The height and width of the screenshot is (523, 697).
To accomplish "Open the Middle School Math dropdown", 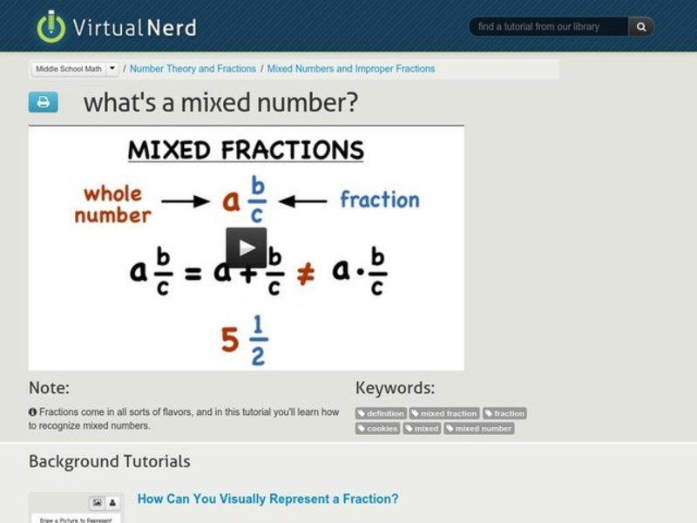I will click(x=76, y=69).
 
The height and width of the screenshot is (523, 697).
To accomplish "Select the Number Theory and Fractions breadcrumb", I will click(x=193, y=69).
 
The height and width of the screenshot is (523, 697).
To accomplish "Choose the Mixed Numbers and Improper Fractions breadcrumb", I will click(x=351, y=69).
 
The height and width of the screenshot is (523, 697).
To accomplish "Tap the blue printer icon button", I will click(x=43, y=102).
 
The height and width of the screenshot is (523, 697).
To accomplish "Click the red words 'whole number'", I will click(x=113, y=204).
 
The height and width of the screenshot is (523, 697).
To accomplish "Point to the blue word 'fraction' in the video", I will click(x=379, y=200).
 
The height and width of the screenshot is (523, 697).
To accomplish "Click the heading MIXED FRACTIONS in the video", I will click(x=246, y=150).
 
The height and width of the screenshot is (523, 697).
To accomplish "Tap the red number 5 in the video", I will click(x=230, y=340).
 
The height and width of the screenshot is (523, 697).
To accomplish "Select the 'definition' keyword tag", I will click(x=381, y=413).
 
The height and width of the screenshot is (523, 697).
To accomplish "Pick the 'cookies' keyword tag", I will click(x=377, y=428).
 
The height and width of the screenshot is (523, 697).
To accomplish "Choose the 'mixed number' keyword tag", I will click(x=479, y=428).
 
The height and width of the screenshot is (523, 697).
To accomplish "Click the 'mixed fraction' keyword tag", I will click(x=444, y=413).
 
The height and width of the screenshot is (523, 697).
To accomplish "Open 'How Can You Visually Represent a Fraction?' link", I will click(x=267, y=499).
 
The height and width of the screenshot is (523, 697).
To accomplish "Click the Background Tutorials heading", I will click(x=109, y=461).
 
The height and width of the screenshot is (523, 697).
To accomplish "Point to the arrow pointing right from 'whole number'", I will click(x=186, y=201).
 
